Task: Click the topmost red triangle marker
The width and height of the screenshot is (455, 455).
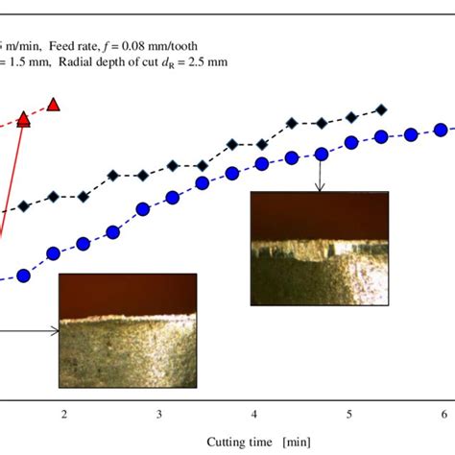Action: pos(55,104)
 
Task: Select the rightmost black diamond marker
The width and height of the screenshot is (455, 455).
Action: pos(383,108)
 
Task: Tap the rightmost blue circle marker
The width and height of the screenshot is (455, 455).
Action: pos(443,129)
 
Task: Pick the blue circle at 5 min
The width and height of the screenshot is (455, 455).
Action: pos(350,143)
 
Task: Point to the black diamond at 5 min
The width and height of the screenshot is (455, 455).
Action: pos(351,117)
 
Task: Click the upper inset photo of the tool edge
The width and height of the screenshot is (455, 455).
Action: pos(320,236)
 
